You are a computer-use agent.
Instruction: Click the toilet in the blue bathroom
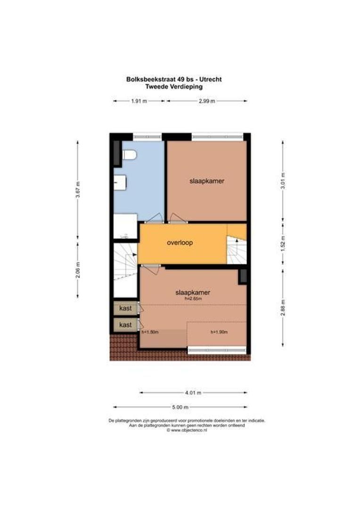click(129, 155)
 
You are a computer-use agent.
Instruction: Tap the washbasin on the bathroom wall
click(120, 182)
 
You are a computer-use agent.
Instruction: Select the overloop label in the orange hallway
click(180, 243)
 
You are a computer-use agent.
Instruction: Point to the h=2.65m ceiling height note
click(193, 299)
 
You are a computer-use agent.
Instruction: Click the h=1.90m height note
click(219, 332)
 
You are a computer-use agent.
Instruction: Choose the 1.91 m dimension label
click(139, 101)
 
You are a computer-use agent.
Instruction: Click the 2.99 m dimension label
click(206, 101)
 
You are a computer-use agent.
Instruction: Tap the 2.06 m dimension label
click(78, 270)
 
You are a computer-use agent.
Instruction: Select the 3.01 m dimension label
click(283, 180)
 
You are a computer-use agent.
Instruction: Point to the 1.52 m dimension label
click(283, 245)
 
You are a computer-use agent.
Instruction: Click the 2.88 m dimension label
click(283, 306)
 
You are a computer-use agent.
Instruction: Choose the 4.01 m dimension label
click(193, 393)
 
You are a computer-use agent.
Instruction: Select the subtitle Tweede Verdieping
click(174, 86)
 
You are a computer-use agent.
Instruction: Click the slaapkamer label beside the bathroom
click(206, 181)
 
